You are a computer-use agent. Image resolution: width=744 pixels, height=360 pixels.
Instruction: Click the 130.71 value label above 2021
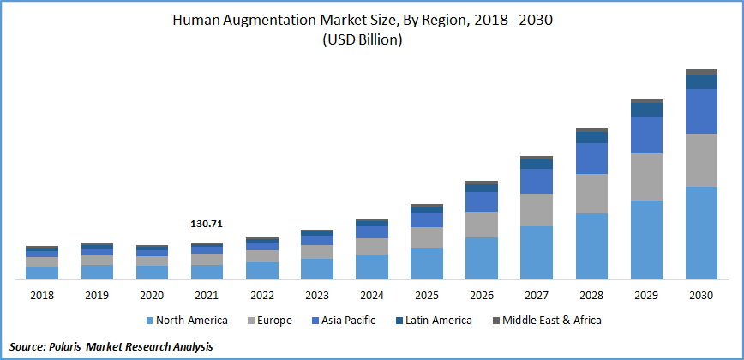[207, 224]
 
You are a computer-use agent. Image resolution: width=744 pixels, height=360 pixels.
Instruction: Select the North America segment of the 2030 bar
[701, 232]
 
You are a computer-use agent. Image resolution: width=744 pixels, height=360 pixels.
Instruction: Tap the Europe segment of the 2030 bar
[701, 159]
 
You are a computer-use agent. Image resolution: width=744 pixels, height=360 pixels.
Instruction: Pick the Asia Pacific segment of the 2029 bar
[646, 135]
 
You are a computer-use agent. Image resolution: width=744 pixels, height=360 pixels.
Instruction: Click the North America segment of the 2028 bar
[591, 246]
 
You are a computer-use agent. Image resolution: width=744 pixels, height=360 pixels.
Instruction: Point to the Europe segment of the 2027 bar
[537, 210]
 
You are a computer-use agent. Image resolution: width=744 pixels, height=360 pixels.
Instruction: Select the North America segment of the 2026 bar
[482, 258]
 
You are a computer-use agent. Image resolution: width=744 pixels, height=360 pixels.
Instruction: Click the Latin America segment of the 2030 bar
[701, 81]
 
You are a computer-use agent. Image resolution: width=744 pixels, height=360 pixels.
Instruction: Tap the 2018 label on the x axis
[42, 295]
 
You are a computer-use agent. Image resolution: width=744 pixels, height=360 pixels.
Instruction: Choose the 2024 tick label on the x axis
[372, 295]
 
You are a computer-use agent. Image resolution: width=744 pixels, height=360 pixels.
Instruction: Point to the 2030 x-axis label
[701, 295]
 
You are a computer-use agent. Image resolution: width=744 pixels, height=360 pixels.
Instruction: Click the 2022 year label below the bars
[261, 295]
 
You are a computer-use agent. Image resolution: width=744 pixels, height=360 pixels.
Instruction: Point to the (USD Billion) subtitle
[362, 39]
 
